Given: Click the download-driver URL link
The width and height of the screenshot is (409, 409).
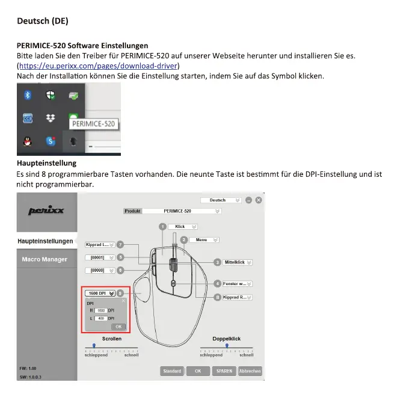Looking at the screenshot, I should click(99, 66).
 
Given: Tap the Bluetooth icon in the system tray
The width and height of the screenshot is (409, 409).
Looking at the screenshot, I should click(27, 96).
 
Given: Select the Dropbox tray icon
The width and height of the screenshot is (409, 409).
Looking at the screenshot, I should click(51, 118).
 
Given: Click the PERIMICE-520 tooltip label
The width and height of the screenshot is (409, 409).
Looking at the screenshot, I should click(93, 124).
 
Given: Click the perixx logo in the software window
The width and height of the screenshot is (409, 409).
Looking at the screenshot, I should click(46, 211).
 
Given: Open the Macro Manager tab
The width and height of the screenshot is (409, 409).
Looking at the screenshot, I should click(45, 259).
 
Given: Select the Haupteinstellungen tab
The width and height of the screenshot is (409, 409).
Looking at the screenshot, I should click(45, 241).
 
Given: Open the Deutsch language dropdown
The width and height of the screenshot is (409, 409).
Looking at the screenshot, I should click(221, 200).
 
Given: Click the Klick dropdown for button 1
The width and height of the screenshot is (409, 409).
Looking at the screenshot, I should click(183, 227).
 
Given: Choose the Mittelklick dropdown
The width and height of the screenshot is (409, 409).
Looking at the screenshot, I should click(238, 262).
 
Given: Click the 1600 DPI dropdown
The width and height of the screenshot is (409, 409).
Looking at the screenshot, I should click(100, 293).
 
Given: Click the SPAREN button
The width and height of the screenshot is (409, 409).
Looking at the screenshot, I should click(223, 371).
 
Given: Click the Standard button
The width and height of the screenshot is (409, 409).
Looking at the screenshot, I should click(172, 371).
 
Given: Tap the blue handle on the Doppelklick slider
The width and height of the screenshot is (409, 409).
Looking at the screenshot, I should click(226, 345).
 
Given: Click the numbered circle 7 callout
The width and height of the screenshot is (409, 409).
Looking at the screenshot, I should click(120, 245).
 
